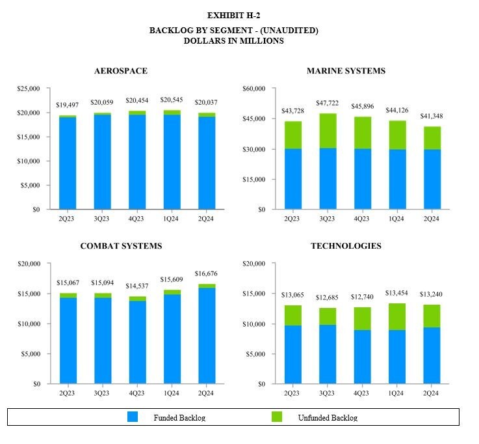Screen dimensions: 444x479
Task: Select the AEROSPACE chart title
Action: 121,70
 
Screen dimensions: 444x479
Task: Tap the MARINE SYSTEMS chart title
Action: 345,70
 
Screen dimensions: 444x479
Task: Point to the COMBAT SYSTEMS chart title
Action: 121,246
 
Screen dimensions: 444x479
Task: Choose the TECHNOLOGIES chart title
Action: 346,246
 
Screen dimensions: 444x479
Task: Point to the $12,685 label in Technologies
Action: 328,298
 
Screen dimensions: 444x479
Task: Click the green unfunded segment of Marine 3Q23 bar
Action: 328,130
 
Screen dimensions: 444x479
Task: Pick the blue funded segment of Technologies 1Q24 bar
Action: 398,357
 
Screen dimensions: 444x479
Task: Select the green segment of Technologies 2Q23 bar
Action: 292,315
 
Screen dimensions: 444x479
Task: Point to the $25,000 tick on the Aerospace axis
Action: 28,89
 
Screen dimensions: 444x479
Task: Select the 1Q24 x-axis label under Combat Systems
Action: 172,393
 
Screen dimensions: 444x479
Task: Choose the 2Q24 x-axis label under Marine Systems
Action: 432,219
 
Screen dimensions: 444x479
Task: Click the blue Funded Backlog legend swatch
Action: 133,417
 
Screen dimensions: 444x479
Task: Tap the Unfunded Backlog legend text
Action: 328,418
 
